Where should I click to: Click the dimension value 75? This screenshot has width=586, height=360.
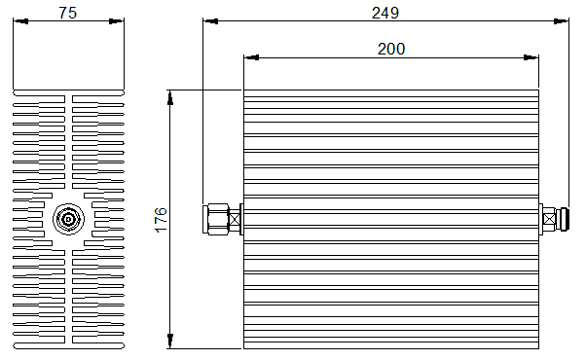click(x=67, y=13)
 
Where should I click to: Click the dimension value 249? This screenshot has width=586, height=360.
click(x=385, y=13)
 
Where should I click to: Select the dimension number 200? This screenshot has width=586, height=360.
click(x=391, y=49)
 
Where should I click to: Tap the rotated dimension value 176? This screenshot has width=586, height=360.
click(x=161, y=220)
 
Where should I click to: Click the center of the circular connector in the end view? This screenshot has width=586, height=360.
click(x=68, y=219)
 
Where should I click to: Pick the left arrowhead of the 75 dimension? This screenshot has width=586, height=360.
click(x=20, y=21)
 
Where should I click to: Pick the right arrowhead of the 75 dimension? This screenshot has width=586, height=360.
click(x=116, y=21)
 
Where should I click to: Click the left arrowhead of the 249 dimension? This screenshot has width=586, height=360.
click(x=210, y=21)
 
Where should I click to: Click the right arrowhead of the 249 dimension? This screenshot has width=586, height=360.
click(x=561, y=21)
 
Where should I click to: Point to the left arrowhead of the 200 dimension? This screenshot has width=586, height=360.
click(x=251, y=57)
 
